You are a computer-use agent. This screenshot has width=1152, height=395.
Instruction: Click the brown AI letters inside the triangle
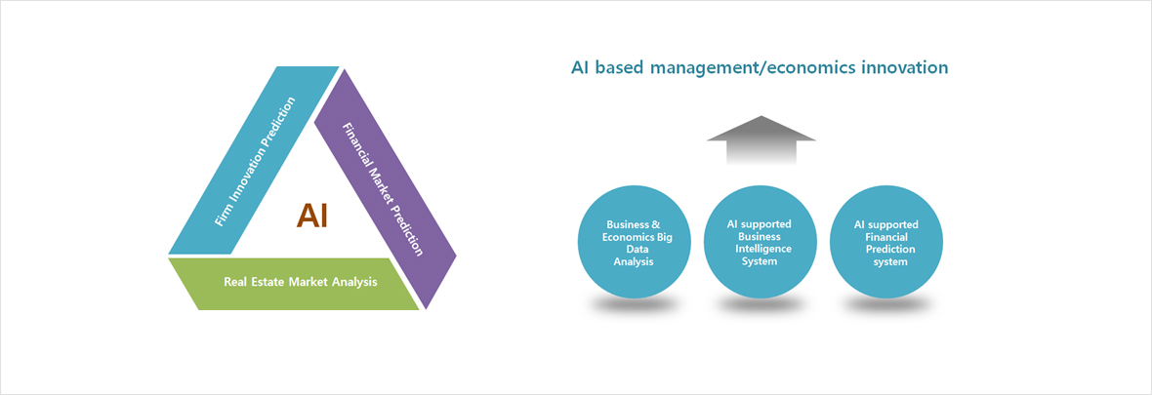point(312,216)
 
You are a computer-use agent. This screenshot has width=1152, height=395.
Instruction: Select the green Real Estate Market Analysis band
point(294,284)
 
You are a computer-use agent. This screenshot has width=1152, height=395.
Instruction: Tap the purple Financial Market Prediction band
point(385,188)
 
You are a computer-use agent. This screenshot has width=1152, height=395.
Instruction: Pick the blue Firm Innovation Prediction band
point(254,160)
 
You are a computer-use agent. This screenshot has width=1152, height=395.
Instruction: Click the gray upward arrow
point(761,139)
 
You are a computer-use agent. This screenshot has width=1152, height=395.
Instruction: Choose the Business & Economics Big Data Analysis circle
point(635,242)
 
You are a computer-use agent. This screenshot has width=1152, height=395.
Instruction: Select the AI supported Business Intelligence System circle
point(760,242)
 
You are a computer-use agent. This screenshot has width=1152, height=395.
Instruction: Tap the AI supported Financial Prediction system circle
point(885,242)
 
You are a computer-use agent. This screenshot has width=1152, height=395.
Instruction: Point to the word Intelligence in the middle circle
point(761,249)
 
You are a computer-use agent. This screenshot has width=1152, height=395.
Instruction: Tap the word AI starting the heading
point(580,67)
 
